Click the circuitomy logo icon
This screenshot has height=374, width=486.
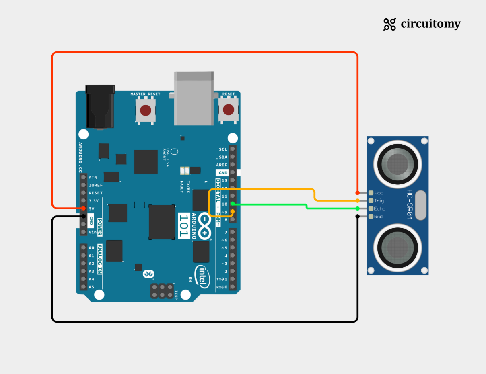coord(389,25)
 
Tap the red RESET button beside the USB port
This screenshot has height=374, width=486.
coord(228,110)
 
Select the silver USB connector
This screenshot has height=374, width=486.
coord(194,98)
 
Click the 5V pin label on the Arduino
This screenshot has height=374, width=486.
coord(92,208)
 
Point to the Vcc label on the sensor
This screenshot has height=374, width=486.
coord(379,193)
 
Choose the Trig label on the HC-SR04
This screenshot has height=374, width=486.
coord(379,201)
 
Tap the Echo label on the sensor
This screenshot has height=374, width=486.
coord(379,208)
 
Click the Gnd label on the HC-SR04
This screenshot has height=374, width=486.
coord(378,217)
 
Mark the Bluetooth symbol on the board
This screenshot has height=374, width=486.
coord(148,274)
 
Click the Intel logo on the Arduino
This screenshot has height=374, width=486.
coord(202,276)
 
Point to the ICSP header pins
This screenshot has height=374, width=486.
coord(162,291)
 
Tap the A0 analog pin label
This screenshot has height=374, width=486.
coord(91,248)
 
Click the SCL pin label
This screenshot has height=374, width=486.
coord(223,149)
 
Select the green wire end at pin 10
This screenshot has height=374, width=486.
coord(233,204)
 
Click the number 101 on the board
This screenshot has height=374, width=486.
coord(184,226)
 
